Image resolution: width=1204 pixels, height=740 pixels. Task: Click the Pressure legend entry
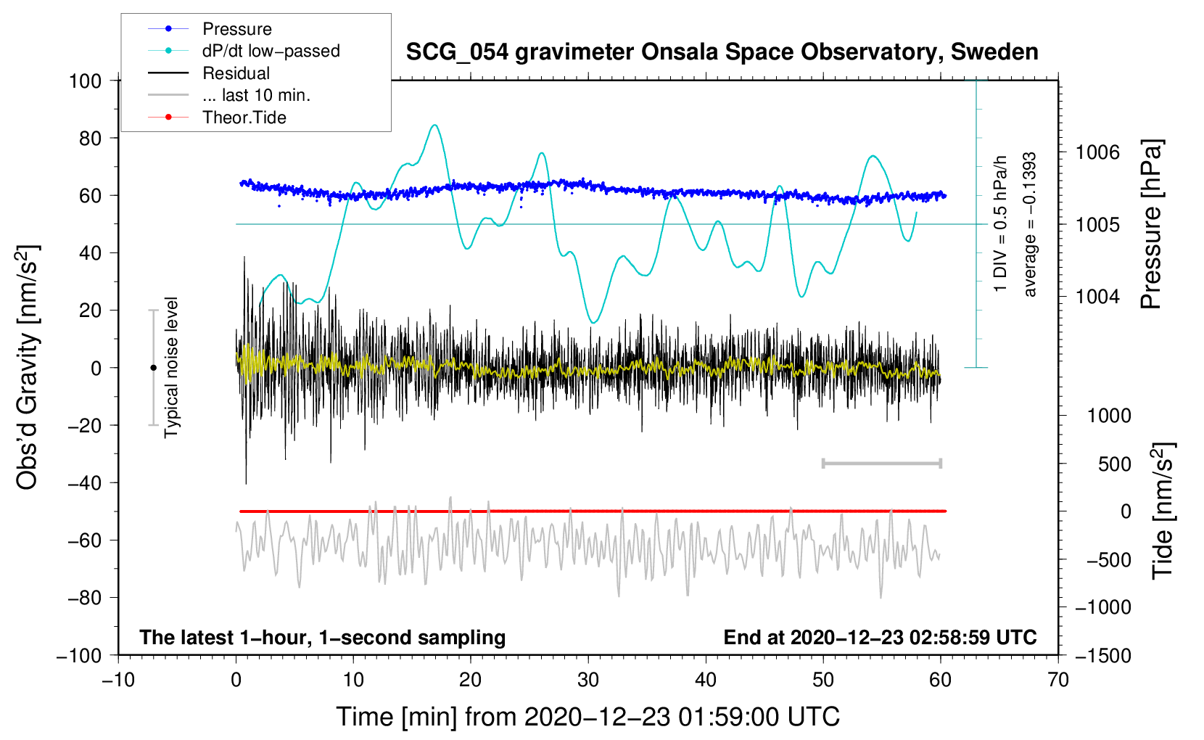pos(236,29)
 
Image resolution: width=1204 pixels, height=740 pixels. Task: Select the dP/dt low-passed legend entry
pos(271,51)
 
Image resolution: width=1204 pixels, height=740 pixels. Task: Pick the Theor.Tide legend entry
pos(244,118)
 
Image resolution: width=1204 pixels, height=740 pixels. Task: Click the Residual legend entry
pos(236,73)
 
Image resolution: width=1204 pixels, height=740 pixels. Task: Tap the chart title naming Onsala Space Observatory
pos(722,52)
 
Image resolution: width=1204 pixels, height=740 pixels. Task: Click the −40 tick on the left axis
pos(85,482)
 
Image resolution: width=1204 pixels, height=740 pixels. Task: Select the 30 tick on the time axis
pos(588,680)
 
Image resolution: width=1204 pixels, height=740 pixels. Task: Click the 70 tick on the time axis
pos(1058,680)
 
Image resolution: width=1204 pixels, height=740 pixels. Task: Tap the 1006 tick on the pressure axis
pos(1097,152)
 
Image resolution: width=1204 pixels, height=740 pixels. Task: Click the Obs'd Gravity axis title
pos(28,368)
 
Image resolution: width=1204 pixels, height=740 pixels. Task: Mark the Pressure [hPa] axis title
pos(1152,225)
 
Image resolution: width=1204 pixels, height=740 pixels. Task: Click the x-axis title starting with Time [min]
pos(587,717)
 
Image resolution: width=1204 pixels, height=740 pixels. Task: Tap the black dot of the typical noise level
pos(153,368)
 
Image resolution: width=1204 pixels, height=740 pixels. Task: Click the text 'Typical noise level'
pos(171,368)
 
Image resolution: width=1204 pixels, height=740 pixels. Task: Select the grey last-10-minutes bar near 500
pos(881,463)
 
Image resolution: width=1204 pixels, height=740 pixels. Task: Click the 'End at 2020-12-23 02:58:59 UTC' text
pos(880,638)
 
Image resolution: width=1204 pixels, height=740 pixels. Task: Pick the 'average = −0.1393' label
pos(1030,225)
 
